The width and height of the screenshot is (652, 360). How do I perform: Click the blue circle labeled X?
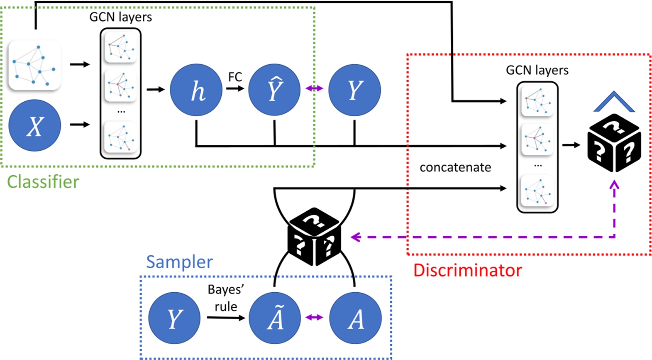pos(35,125)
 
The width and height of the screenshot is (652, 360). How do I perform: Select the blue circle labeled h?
pos(196,90)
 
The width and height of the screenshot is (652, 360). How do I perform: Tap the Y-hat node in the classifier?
pos(274,90)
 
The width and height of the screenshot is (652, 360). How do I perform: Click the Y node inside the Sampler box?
pos(174,318)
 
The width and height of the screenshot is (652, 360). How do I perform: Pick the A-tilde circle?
pos(275,318)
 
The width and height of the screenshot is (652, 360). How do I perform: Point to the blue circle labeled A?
pos(355,318)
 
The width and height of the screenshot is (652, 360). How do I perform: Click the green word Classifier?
pos(43,182)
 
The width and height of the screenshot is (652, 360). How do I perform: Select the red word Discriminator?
pos(467,270)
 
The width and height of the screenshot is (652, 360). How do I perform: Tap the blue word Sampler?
pos(179,262)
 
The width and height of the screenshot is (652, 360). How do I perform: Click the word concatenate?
pos(455,167)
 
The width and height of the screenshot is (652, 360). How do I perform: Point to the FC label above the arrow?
pos(235,77)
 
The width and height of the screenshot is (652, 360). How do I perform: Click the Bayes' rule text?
pos(226,298)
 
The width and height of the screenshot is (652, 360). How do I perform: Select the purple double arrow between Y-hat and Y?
pos(314,88)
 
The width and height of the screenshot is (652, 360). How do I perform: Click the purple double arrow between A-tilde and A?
pos(314,318)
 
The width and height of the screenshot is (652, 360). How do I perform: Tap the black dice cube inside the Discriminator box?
pos(614,143)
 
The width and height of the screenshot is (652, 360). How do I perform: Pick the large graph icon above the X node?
pos(35,65)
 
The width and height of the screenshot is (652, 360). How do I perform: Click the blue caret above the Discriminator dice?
pos(614,102)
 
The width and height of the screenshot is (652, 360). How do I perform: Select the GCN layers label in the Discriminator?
pos(537,70)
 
